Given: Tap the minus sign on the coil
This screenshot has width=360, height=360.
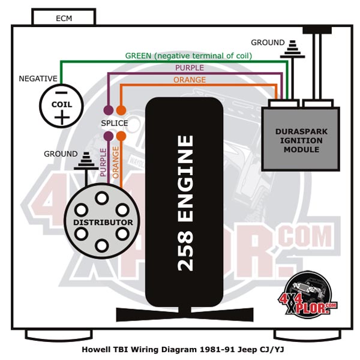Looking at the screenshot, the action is pyautogui.click(x=61, y=93).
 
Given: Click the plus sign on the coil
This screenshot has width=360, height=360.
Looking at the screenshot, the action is pyautogui.click(x=62, y=118).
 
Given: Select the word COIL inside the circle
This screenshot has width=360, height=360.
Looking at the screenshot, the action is pyautogui.click(x=62, y=104).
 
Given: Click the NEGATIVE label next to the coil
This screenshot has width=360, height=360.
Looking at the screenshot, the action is pyautogui.click(x=38, y=79).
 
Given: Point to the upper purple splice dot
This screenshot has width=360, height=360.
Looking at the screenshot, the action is pyautogui.click(x=109, y=110).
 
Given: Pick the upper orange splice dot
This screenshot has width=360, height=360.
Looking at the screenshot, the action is pyautogui.click(x=121, y=110).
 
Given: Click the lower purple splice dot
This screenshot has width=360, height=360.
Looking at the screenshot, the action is pyautogui.click(x=109, y=136).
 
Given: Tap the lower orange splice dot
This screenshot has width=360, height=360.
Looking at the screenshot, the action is pyautogui.click(x=121, y=136).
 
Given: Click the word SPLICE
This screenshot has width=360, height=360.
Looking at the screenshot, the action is pyautogui.click(x=115, y=123).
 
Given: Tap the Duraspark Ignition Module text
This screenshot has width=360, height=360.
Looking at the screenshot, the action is pyautogui.click(x=301, y=140).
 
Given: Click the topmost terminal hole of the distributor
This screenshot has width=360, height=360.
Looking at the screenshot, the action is pyautogui.click(x=102, y=197).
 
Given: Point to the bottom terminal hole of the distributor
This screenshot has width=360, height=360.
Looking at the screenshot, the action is pyautogui.click(x=102, y=245).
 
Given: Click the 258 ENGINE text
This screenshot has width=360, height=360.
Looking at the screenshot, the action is pyautogui.click(x=185, y=203).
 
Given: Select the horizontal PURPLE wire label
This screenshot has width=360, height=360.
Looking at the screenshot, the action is pyautogui.click(x=190, y=68).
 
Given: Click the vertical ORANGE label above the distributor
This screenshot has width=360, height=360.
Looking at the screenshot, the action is pyautogui.click(x=115, y=163).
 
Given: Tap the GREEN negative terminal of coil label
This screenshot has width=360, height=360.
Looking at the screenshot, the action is pyautogui.click(x=188, y=56).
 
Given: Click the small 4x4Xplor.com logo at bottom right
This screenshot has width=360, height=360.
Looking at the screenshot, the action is pyautogui.click(x=308, y=295).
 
